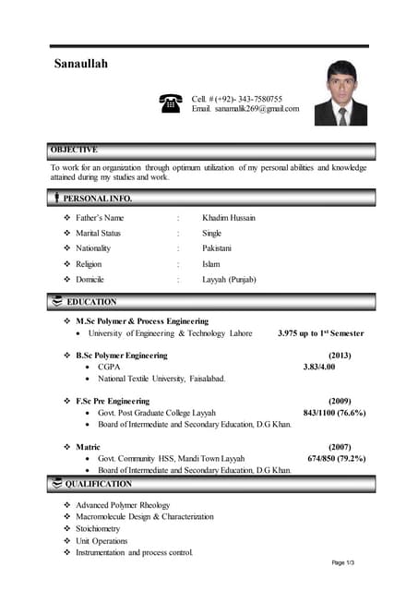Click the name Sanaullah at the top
[81, 64]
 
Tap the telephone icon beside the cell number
[171, 103]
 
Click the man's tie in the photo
[341, 115]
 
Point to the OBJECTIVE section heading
[75, 150]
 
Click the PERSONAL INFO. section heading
[97, 198]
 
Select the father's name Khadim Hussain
[229, 218]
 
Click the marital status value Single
[212, 234]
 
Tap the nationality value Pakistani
[217, 248]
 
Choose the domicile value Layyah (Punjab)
[229, 279]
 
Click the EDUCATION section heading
[91, 302]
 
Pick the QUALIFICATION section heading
[98, 484]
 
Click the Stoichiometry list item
[98, 529]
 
